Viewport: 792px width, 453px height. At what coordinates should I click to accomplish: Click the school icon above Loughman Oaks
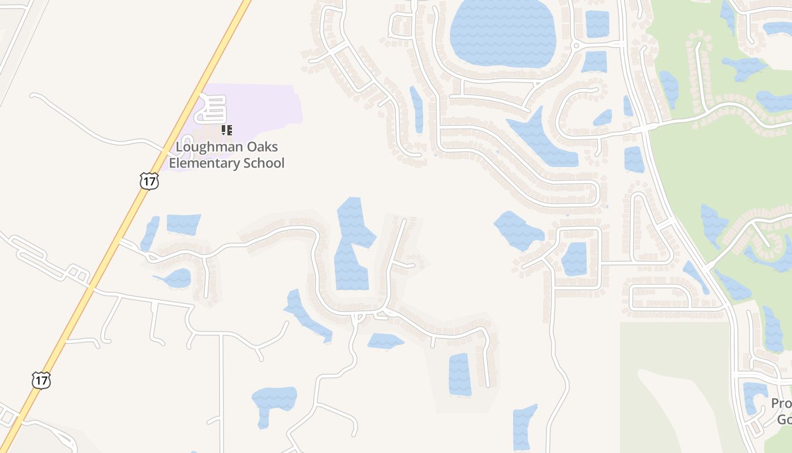coord(227,131)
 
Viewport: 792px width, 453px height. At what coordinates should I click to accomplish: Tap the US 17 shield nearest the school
coord(149,181)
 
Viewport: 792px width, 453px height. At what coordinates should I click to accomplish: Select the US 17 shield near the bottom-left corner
coord(41,380)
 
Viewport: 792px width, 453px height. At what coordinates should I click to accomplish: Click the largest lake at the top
coord(502,33)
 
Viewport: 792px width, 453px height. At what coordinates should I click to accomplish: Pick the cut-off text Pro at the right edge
coord(781,404)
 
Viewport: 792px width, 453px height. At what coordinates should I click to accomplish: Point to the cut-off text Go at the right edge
coord(784,420)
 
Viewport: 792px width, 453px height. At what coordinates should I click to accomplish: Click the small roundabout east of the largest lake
coord(576,45)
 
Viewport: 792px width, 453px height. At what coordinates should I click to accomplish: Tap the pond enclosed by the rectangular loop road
coord(575,259)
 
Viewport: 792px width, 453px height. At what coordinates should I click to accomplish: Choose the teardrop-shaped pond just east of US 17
coord(175,278)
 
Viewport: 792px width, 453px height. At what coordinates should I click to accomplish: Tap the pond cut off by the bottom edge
coord(524,428)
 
